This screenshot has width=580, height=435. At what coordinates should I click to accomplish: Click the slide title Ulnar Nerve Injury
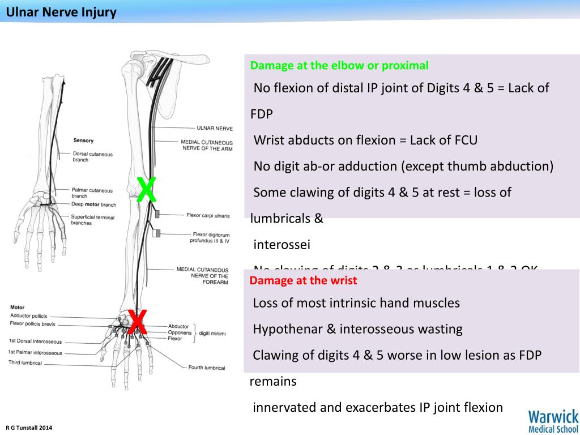(x=61, y=12)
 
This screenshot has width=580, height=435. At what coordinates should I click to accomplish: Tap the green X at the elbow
(x=147, y=190)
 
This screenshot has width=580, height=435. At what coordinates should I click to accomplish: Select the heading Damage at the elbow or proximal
(x=339, y=65)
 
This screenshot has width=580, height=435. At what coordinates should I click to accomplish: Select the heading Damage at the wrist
(x=303, y=280)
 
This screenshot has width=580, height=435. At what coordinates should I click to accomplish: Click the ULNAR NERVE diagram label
(x=215, y=129)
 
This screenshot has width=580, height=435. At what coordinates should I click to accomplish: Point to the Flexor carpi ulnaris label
(x=208, y=215)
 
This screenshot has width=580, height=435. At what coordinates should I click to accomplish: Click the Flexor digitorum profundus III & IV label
(x=210, y=237)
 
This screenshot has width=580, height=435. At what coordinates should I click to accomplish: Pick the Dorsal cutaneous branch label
(x=92, y=157)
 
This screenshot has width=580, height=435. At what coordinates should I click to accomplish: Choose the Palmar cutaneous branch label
(x=92, y=193)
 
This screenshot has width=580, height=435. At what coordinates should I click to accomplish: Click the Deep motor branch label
(x=93, y=204)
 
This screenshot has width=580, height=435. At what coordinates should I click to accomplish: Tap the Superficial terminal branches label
(x=92, y=220)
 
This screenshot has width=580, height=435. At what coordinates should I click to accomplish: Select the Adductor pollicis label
(x=29, y=315)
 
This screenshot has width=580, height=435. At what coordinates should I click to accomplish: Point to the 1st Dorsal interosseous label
(x=35, y=342)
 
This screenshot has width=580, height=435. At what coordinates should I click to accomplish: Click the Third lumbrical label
(x=25, y=362)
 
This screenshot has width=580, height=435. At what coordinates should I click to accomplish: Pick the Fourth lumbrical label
(x=207, y=368)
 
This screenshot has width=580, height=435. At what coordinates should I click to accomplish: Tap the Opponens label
(x=180, y=332)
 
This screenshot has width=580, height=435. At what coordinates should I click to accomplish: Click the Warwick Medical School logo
(x=553, y=421)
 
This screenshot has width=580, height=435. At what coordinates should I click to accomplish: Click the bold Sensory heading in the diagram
(x=83, y=140)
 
